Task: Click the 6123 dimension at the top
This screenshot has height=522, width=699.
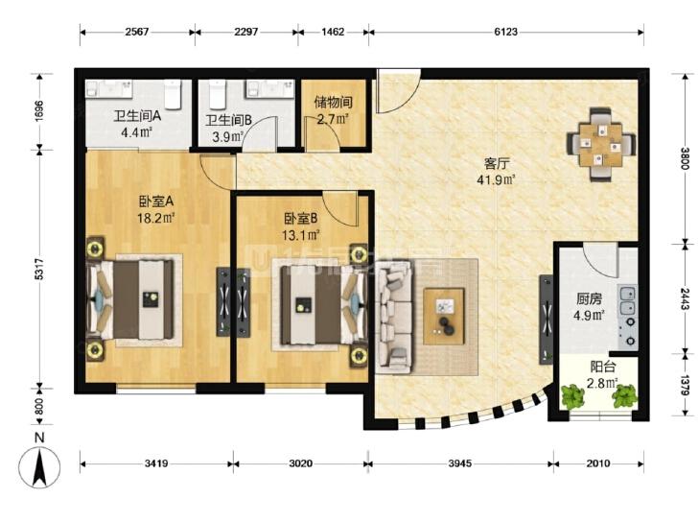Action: [505, 32]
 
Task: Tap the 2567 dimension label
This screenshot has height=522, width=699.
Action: [137, 32]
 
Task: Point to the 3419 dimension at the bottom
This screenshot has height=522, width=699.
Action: [156, 463]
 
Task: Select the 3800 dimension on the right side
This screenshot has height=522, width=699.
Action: [686, 158]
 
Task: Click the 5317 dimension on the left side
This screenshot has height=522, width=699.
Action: [39, 269]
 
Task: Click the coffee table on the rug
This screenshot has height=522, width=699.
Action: [444, 317]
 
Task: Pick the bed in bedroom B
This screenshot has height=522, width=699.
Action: [321, 305]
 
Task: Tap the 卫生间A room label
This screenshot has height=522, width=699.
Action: [137, 116]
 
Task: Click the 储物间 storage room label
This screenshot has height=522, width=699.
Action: [333, 102]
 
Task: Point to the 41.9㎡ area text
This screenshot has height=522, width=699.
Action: [496, 179]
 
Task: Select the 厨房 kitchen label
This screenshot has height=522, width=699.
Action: [589, 298]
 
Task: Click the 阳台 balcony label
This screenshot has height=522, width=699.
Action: [603, 367]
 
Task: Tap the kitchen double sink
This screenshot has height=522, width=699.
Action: [627, 300]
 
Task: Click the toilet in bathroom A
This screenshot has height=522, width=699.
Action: [172, 94]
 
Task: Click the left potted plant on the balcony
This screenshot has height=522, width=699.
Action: [571, 395]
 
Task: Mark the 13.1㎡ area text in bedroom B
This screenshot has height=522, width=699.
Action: [301, 235]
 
